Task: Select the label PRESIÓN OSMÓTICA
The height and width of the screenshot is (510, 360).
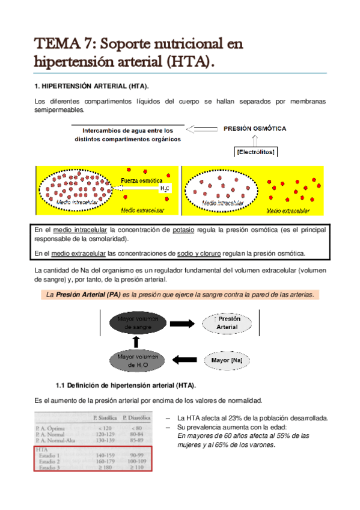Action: click(x=255, y=128)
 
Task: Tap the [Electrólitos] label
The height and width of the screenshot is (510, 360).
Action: click(x=256, y=152)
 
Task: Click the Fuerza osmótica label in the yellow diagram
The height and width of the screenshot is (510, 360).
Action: click(x=142, y=180)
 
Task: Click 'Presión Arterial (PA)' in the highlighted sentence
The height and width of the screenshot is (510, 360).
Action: click(x=86, y=295)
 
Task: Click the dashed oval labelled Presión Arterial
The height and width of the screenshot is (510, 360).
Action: click(x=227, y=323)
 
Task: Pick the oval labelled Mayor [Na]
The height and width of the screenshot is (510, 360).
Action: click(x=227, y=361)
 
